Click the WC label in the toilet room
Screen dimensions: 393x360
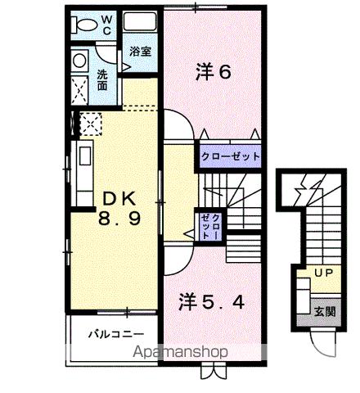point(106,25)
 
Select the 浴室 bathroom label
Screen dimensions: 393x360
point(140,52)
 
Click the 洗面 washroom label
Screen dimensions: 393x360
point(102,79)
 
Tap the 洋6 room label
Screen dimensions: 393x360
point(215,71)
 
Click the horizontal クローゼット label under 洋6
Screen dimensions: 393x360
point(230,155)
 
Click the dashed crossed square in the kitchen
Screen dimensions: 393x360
point(89,124)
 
